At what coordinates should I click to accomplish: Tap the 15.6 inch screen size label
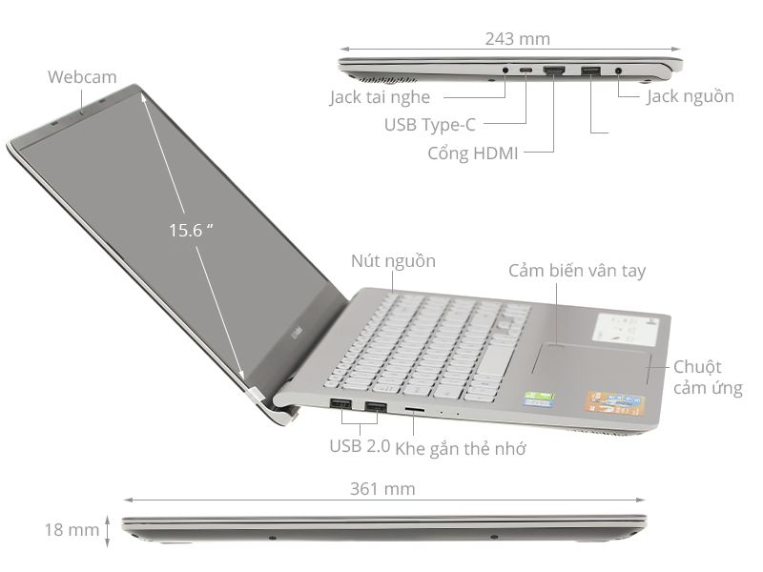[190, 230]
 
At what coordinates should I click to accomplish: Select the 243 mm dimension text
[517, 38]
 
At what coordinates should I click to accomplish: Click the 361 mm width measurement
[382, 488]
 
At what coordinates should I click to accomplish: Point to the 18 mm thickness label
[72, 529]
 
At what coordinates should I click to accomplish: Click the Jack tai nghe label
[380, 96]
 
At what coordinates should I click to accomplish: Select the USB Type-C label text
[429, 124]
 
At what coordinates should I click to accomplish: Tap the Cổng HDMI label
[473, 153]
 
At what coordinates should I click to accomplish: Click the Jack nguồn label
[690, 96]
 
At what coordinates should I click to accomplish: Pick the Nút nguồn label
[393, 260]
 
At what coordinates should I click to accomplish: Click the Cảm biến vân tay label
[577, 271]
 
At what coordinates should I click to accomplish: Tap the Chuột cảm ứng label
[708, 378]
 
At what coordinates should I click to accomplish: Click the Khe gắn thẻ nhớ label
[461, 447]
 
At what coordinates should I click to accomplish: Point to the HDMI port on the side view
[554, 70]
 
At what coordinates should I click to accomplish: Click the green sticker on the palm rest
[541, 398]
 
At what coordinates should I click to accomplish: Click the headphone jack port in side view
[505, 70]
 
